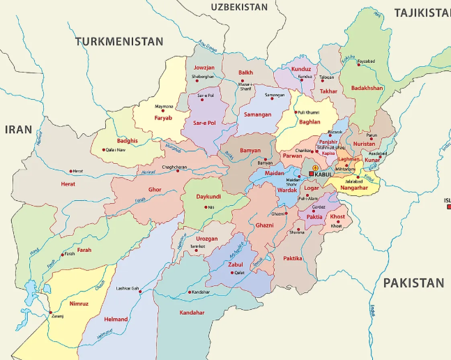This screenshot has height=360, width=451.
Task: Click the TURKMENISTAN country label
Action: [x=119, y=42]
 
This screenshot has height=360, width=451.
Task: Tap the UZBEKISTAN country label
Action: [x=239, y=7]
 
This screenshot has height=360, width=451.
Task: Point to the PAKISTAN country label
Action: [x=413, y=283]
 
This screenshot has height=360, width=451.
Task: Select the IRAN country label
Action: [x=18, y=129]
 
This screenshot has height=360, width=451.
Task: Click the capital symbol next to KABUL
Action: [x=312, y=174]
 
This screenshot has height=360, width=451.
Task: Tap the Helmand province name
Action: [x=116, y=320]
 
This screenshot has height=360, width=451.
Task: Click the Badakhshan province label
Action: [x=367, y=88]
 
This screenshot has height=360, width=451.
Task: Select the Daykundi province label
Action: [x=208, y=197]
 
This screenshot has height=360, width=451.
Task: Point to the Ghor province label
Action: [x=155, y=189]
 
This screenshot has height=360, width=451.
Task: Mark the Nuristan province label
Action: [x=364, y=143]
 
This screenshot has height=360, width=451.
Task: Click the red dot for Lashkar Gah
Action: [x=142, y=292]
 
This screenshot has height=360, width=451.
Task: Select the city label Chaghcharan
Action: [x=174, y=167]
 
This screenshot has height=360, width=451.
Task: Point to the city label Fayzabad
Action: [x=366, y=61]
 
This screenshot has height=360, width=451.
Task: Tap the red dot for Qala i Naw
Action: [x=105, y=149]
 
